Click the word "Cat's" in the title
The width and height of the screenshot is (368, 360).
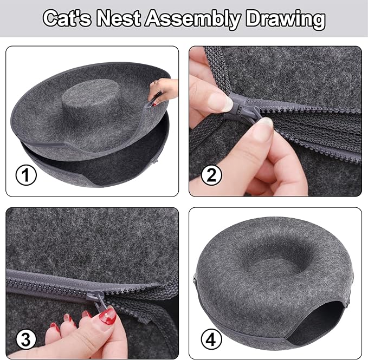[68, 18]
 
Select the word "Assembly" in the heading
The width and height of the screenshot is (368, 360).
[190, 18]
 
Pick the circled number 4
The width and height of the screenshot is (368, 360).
[211, 339]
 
